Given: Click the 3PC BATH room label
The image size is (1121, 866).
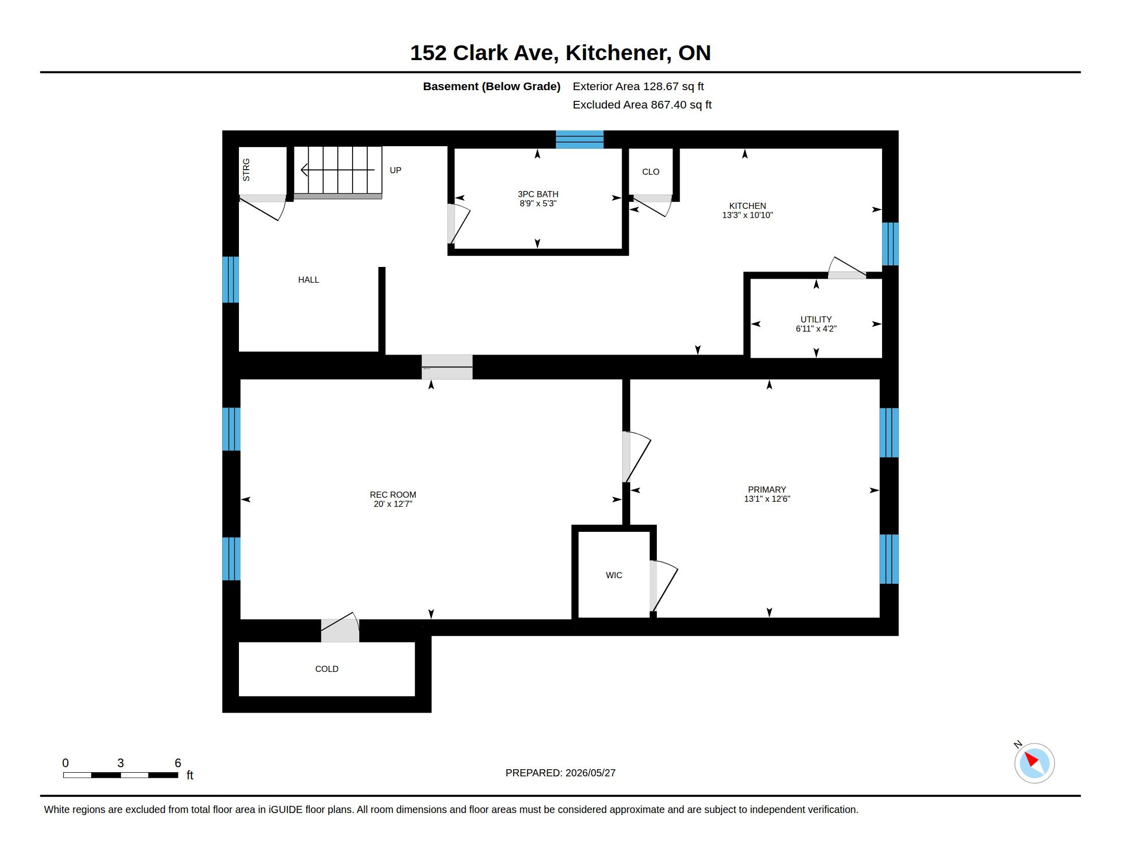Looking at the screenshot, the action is (538, 194).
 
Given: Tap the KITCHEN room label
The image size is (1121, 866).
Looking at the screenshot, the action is (748, 206).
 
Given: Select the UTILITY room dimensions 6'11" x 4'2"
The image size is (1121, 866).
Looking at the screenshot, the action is (816, 329).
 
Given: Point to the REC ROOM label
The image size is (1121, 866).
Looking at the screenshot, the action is (393, 495).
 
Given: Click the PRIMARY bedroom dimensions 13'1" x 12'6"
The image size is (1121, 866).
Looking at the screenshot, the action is (767, 499).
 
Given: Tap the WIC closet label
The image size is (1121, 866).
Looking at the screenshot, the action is (614, 575).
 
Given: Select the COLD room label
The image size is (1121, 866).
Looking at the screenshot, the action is (327, 669).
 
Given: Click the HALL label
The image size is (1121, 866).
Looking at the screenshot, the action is (308, 280).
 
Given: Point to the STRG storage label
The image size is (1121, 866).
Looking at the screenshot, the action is (247, 170).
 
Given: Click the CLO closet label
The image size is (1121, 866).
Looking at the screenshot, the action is (650, 172).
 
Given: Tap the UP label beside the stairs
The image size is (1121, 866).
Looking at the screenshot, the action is (395, 170).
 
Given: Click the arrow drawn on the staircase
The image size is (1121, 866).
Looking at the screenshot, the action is (337, 170).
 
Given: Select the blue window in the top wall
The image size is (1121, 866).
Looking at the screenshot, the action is (579, 140).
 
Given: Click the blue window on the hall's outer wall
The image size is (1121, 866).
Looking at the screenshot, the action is (230, 280).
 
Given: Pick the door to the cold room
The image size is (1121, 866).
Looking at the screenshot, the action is (340, 628).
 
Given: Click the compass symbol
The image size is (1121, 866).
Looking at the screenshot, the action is (1034, 763).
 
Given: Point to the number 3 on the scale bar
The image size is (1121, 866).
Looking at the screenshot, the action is (121, 763).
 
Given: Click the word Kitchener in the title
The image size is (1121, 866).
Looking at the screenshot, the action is (618, 53).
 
